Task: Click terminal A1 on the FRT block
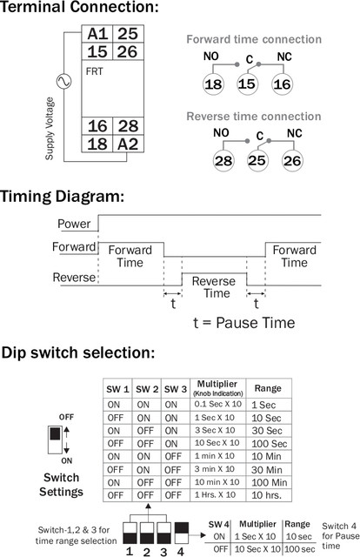[x=97, y=34]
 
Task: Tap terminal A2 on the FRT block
[x=128, y=144]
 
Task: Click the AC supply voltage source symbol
[x=63, y=81]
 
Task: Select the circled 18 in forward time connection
[x=213, y=84]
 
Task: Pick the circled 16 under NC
[x=283, y=84]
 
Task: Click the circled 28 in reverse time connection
[x=223, y=161]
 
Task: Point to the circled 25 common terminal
[x=257, y=160]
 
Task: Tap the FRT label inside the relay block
[x=94, y=71]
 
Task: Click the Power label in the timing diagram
[x=74, y=224]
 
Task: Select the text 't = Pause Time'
[x=243, y=323]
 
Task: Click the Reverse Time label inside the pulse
[x=214, y=287]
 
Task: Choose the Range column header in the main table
[x=268, y=388]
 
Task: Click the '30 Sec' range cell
[x=267, y=431]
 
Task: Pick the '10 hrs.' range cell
[x=267, y=495]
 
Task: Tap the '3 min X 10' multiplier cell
[x=215, y=469]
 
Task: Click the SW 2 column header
[x=147, y=389]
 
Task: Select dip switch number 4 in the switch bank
[x=182, y=533]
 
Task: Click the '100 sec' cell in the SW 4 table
[x=300, y=549]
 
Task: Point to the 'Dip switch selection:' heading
[x=78, y=352]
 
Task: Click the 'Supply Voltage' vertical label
[x=50, y=129]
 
